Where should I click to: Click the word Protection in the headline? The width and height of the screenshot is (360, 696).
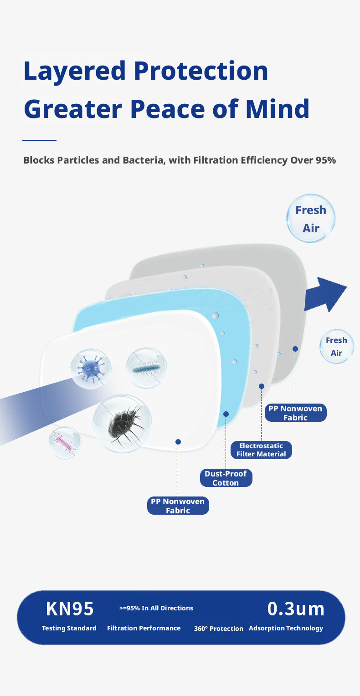pos(201,71)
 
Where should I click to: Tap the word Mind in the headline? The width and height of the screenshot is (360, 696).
pos(278,109)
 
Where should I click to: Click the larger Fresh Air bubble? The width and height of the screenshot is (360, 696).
pos(311,219)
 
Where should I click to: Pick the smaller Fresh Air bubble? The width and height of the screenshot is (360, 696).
pos(337,347)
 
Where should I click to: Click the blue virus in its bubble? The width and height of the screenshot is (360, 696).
pos(91,369)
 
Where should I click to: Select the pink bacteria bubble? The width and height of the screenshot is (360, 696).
pos(65,442)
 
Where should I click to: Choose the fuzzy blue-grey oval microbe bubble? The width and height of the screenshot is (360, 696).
pos(146,368)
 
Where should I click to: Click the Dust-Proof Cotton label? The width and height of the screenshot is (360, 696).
pos(226,478)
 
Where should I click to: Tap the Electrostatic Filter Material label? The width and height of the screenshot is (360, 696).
pos(261,450)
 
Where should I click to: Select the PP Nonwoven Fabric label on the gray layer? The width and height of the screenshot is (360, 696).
pos(295,413)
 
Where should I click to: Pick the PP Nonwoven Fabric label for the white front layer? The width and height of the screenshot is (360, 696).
pos(178,506)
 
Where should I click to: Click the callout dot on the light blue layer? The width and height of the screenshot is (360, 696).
pos(226,414)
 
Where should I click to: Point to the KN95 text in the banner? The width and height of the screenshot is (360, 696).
pos(70,609)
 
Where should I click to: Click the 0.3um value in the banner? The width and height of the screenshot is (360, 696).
pos(296,609)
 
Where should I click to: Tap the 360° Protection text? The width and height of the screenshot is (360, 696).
pos(219,628)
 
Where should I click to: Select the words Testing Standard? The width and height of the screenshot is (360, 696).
pos(69,628)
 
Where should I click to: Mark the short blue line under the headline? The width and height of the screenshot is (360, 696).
pos(39,140)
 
